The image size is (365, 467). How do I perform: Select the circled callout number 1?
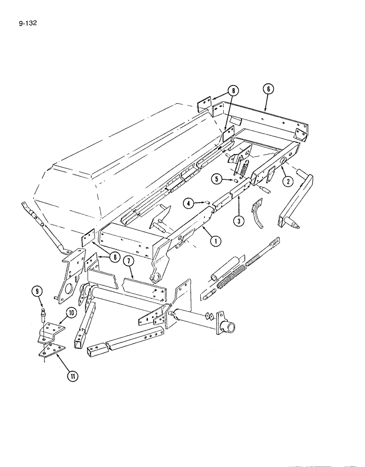[215, 241]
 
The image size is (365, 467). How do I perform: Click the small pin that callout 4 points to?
[205, 202]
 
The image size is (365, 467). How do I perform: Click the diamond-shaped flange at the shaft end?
[212, 316]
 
